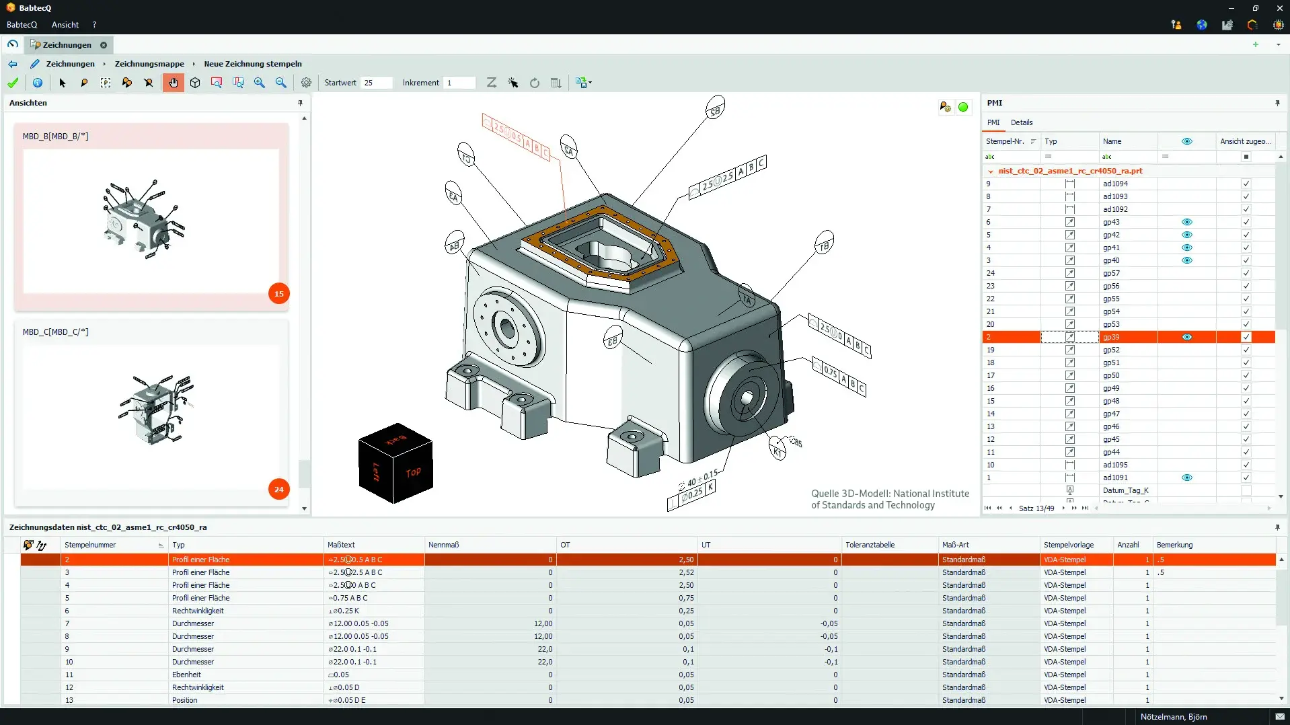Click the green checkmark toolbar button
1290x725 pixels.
click(x=13, y=83)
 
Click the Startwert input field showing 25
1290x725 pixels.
click(x=375, y=83)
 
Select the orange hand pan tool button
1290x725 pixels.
click(x=173, y=83)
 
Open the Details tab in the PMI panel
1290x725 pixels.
click(x=1021, y=122)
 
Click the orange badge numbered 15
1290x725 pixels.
click(x=278, y=294)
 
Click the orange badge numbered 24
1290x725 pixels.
click(x=278, y=490)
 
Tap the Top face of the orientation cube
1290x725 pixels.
click(x=413, y=473)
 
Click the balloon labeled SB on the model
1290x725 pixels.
click(x=715, y=110)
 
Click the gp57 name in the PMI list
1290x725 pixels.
click(x=1111, y=273)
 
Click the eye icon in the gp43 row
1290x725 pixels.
click(x=1186, y=222)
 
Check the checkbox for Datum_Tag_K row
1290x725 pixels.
click(x=1246, y=490)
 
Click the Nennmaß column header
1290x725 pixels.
click(x=444, y=545)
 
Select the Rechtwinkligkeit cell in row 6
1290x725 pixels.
click(x=198, y=611)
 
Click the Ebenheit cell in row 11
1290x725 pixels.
click(x=186, y=675)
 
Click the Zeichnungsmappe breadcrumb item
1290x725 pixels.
click(x=149, y=64)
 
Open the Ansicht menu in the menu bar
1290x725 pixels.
click(x=65, y=25)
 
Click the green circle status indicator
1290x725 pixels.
click(x=963, y=107)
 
